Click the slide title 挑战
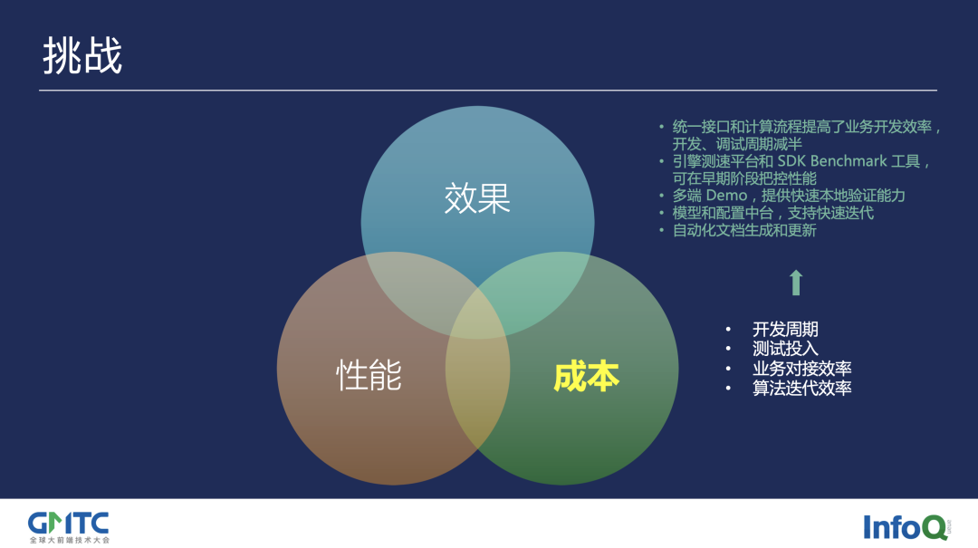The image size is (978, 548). pyautogui.click(x=82, y=56)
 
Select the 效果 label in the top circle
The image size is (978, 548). pyautogui.click(x=477, y=198)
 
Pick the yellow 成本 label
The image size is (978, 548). pyautogui.click(x=586, y=376)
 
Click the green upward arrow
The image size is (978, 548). pyautogui.click(x=795, y=283)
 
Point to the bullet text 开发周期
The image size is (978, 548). pyautogui.click(x=784, y=330)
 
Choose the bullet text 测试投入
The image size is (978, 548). pyautogui.click(x=784, y=349)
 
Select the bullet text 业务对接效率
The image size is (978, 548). pyautogui.click(x=801, y=369)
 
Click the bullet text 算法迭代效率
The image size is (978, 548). pyautogui.click(x=801, y=388)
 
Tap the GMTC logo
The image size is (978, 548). pyautogui.click(x=68, y=523)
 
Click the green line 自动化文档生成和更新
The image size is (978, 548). pyautogui.click(x=744, y=230)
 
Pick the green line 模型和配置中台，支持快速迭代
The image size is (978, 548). pyautogui.click(x=772, y=213)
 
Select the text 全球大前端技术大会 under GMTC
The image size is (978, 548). pyautogui.click(x=68, y=539)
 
